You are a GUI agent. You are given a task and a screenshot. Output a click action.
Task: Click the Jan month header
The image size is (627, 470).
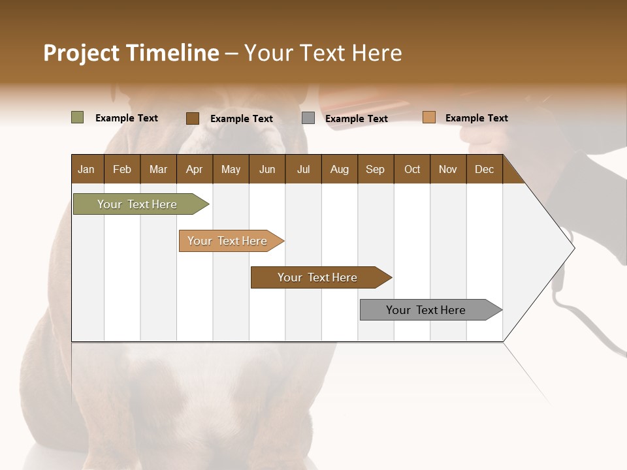(86, 169)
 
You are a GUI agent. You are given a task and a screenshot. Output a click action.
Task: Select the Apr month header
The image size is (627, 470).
(194, 169)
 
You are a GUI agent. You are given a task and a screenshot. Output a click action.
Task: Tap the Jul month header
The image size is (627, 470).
(303, 169)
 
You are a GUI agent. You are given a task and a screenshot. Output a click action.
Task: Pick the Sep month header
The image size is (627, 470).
(375, 169)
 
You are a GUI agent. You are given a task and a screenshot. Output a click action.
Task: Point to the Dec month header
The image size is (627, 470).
(484, 169)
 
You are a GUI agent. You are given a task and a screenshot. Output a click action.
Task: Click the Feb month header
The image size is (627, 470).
(122, 169)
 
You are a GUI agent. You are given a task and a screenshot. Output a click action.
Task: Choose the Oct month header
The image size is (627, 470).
(412, 169)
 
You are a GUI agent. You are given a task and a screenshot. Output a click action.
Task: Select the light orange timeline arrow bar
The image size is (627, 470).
(229, 241)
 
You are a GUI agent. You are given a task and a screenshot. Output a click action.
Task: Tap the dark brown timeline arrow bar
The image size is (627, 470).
(318, 277)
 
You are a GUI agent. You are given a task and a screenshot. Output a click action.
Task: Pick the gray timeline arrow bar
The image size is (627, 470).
(428, 310)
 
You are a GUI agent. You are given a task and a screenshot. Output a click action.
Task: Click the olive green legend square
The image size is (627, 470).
(77, 117)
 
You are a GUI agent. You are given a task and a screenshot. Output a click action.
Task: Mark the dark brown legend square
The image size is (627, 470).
(192, 118)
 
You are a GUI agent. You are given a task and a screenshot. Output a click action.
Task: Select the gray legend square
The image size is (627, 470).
(308, 118)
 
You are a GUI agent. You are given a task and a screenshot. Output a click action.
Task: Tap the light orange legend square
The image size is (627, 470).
(428, 117)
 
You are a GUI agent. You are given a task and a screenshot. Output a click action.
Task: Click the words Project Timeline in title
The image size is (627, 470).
(131, 53)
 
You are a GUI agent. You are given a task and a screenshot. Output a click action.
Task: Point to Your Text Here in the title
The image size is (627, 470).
(323, 53)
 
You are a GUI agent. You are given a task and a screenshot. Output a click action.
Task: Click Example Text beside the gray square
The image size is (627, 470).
(356, 119)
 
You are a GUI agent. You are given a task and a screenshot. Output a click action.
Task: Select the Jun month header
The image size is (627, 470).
(267, 169)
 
